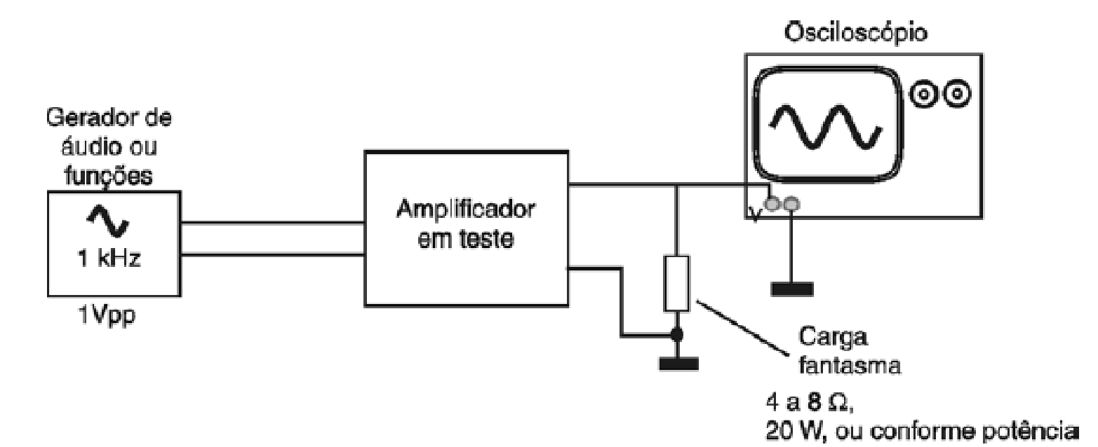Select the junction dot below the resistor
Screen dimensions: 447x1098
click(676, 336)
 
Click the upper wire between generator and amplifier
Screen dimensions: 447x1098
click(272, 224)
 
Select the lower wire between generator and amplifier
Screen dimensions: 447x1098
click(272, 254)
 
